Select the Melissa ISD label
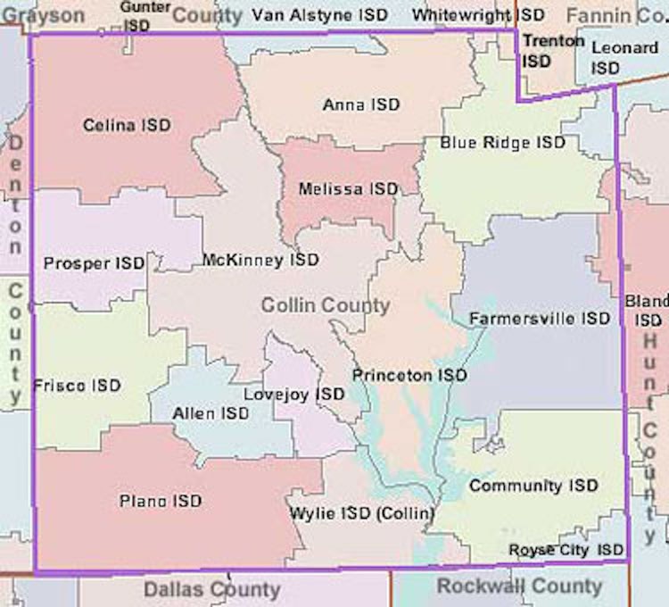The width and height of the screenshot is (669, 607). pyautogui.click(x=348, y=189)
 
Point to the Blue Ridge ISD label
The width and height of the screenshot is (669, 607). pyautogui.click(x=502, y=143)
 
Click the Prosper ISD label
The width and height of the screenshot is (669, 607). pyautogui.click(x=93, y=263)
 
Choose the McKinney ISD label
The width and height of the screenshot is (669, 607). pyautogui.click(x=260, y=261)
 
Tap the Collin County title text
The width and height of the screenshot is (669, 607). pyautogui.click(x=325, y=306)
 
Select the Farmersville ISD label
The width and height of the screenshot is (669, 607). pyautogui.click(x=539, y=319)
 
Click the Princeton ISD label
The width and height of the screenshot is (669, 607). pyautogui.click(x=409, y=376)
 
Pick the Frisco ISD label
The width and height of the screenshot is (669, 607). pyautogui.click(x=76, y=386)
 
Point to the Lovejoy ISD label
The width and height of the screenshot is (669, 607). pyautogui.click(x=293, y=394)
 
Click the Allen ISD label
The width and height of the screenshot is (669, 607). pyautogui.click(x=210, y=413)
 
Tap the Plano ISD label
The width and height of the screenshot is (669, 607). pyautogui.click(x=161, y=502)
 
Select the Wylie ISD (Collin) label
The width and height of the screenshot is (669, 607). pyautogui.click(x=361, y=514)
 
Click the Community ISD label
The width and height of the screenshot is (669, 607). pyautogui.click(x=533, y=486)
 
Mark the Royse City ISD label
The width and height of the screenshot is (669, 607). pyautogui.click(x=566, y=550)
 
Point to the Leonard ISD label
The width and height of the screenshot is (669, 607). pyautogui.click(x=624, y=57)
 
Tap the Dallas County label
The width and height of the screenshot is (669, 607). pyautogui.click(x=211, y=590)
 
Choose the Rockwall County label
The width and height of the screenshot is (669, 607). pyautogui.click(x=518, y=586)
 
